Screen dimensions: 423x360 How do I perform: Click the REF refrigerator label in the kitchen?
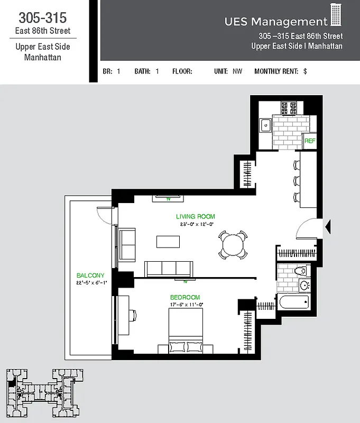(310, 141)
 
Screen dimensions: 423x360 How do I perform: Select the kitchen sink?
(265, 126)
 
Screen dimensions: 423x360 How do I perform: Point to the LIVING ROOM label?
(196, 217)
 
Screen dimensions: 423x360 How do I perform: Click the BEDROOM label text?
(185, 297)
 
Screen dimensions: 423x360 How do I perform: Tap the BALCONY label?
(90, 275)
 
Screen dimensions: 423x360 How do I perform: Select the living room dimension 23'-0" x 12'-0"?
(196, 224)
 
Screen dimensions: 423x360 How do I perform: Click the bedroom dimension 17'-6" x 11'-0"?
(186, 305)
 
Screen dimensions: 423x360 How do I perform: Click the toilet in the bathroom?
(299, 271)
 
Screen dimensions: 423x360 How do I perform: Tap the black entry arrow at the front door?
(327, 227)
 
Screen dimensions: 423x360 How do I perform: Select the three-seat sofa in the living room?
(169, 269)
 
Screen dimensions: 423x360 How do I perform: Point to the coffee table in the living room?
(168, 242)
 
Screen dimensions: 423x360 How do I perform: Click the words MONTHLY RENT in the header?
(276, 71)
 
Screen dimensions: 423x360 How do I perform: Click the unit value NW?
(237, 71)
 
